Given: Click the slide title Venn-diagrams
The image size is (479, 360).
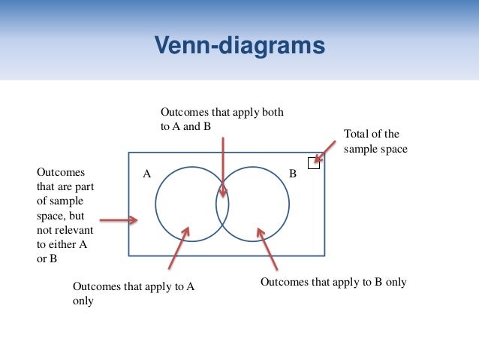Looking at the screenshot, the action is (239, 46).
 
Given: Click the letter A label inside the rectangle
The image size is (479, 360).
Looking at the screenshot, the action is (147, 174).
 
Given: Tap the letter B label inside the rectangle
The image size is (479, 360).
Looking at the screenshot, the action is (293, 174).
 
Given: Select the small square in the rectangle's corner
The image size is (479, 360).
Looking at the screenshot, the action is (314, 163).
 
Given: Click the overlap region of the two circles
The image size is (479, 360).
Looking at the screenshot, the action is (222, 204).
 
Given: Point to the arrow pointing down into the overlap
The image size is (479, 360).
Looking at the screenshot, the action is (222, 169).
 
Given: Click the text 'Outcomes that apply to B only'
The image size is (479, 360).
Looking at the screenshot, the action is (333, 283).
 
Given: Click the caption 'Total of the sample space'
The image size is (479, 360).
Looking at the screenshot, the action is (375, 141).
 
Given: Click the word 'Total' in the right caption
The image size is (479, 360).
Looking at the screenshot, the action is (356, 135).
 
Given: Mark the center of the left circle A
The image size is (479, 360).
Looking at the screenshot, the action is (191, 204).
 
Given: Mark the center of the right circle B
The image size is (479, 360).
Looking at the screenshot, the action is (253, 204).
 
